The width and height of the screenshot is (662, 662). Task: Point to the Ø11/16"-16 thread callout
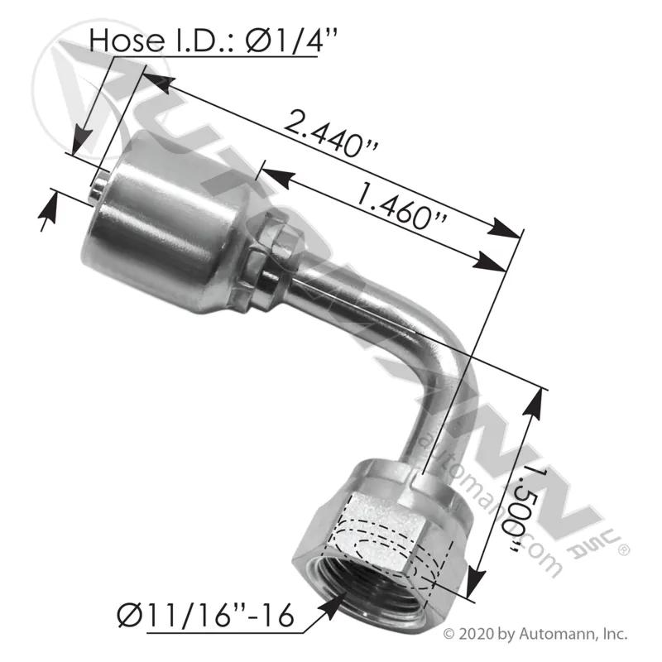point(205,616)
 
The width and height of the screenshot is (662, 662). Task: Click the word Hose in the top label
point(127,41)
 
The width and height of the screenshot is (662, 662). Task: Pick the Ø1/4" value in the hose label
point(291,41)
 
